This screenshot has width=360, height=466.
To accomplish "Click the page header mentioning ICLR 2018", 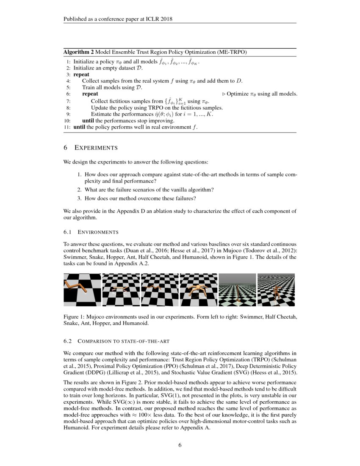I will coord(118,19).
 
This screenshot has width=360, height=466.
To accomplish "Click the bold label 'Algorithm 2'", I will coord(78,52).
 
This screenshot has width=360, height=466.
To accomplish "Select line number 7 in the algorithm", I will coord(68,101).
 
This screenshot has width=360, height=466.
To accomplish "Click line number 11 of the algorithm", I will coord(67,127).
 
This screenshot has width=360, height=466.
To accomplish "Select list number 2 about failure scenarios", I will coord(79,190).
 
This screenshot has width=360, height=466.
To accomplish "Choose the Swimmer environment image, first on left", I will coord(82,289).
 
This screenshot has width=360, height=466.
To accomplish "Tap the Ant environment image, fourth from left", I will coord(198,289).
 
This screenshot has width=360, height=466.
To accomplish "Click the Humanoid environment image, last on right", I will coord(276,289).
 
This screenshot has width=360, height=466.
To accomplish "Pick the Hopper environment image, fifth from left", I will coord(237,289).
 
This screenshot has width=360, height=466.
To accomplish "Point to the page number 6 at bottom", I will coord(180,445).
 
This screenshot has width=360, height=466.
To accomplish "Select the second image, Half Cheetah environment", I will coord(121,289).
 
